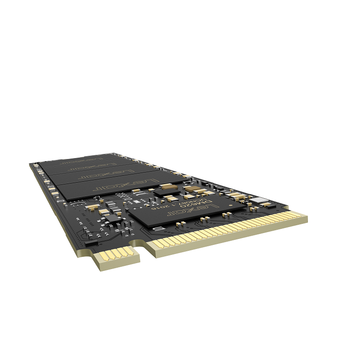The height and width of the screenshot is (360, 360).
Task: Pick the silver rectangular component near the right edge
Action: tap(262, 200)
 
